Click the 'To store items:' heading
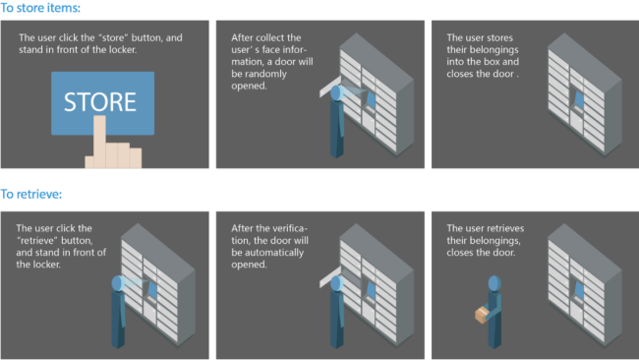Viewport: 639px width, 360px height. coord(40,8)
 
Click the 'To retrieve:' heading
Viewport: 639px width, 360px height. coord(31,194)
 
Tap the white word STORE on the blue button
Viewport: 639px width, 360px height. coord(100,102)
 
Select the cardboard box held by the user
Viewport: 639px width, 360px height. coord(482,315)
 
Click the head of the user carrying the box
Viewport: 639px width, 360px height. coord(494,283)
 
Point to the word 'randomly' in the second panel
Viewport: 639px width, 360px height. coord(259,74)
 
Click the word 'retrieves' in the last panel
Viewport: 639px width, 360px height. coord(503,228)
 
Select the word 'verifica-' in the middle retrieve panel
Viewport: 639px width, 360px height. coord(288,228)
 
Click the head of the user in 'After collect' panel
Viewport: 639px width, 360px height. coord(336,93)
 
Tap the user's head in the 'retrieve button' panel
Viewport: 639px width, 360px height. coord(117,283)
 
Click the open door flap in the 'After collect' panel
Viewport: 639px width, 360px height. coord(329,87)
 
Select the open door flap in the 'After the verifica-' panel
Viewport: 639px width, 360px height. coord(329,277)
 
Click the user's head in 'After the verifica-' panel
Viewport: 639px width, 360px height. coord(336,283)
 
